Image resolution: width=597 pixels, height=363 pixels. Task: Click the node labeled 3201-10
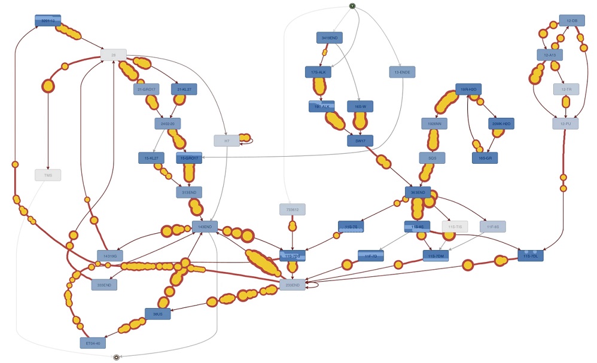(48, 21)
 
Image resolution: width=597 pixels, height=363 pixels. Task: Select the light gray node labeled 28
(113, 54)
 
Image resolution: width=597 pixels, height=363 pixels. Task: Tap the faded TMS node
(48, 175)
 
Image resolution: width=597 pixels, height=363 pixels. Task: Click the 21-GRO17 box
(147, 90)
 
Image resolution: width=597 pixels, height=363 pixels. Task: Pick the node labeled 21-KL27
(184, 90)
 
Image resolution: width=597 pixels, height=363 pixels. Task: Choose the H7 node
(227, 141)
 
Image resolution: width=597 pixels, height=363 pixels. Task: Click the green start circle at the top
(352, 7)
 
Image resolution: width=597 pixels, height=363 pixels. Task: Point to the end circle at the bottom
(117, 357)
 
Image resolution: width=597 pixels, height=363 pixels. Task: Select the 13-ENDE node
(402, 72)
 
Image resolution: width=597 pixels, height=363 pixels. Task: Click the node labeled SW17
(360, 141)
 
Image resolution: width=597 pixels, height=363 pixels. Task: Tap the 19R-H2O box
(468, 89)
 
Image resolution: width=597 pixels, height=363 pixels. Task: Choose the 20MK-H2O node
(501, 124)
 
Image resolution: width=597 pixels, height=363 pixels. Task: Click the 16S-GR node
(485, 158)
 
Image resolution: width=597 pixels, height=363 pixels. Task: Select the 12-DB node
(572, 20)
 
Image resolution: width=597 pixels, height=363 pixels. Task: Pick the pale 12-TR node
(566, 89)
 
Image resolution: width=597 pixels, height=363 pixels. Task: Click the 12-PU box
(565, 124)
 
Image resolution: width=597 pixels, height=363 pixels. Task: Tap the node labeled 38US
(158, 313)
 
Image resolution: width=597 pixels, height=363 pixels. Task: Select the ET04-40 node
(93, 343)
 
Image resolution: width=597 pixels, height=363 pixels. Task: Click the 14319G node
(110, 256)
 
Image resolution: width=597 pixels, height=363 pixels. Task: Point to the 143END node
(205, 227)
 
